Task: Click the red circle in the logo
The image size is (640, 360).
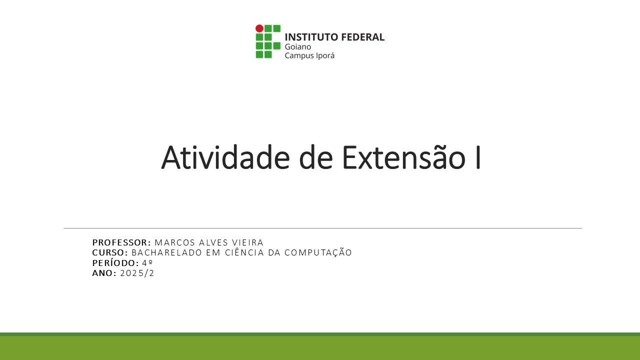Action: (259, 28)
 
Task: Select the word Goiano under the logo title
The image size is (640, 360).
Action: (298, 46)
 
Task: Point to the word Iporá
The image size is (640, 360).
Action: (324, 55)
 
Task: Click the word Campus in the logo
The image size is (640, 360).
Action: (298, 55)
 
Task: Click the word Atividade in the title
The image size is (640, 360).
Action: (225, 157)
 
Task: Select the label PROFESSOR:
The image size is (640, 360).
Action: (121, 243)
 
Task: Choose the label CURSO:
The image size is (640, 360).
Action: (110, 253)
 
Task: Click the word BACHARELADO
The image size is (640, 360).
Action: (167, 253)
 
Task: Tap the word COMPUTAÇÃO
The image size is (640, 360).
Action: (318, 253)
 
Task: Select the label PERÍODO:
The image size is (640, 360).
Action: (115, 263)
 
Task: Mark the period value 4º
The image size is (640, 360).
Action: (147, 263)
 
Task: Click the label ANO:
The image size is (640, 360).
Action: (104, 273)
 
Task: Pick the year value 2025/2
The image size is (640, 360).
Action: (137, 273)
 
